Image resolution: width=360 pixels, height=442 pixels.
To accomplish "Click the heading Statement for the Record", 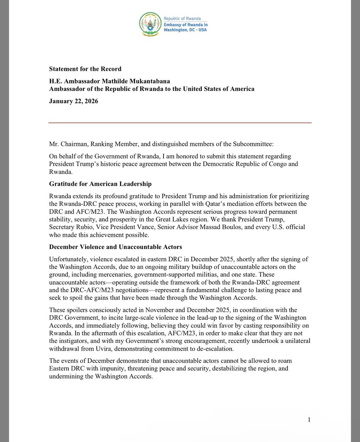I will pyautogui.click(x=85, y=69).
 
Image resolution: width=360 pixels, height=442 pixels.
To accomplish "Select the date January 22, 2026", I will pyautogui.click(x=73, y=101).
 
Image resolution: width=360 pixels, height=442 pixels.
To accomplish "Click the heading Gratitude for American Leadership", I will pyautogui.click(x=100, y=184).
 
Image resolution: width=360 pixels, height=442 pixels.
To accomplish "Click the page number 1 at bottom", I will pyautogui.click(x=309, y=420).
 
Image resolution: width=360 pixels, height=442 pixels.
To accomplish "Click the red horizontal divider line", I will pyautogui.click(x=180, y=123).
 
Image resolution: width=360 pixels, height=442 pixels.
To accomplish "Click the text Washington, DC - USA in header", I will pyautogui.click(x=187, y=29).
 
